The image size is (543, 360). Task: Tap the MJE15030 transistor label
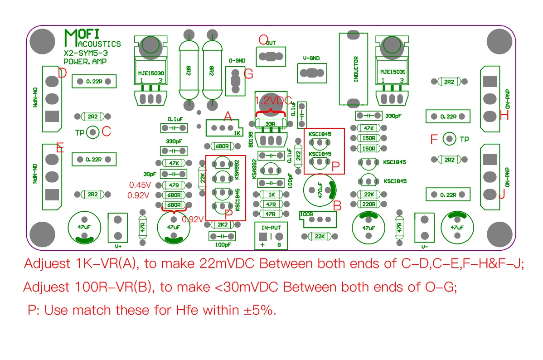151,73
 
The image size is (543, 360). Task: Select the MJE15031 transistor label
393,72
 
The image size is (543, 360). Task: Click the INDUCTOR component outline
356,69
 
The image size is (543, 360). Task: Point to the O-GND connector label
237,60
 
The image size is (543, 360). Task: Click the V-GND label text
311,58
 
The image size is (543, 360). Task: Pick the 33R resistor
271,123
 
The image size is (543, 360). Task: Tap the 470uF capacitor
320,190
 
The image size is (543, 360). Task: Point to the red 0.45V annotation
140,185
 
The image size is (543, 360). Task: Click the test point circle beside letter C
93,132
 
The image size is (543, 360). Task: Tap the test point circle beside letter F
449,139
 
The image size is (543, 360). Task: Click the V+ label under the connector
118,246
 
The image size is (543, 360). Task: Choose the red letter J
501,196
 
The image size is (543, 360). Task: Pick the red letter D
63,73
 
